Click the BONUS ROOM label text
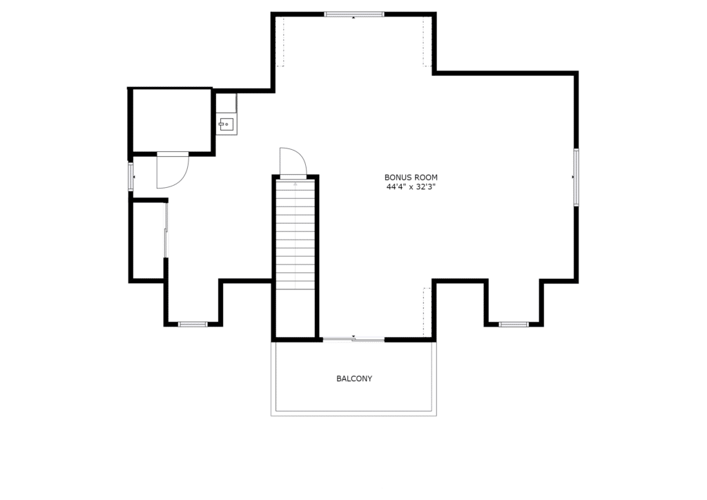411,177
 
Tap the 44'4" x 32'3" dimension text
411,187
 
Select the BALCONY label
354,378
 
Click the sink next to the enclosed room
226,124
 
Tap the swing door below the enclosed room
173,170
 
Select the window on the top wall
354,15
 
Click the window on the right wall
576,177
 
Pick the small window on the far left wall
130,177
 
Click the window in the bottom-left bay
193,324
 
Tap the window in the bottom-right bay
514,324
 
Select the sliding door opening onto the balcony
353,338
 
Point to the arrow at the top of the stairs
296,184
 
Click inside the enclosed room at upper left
172,121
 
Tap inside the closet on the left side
148,241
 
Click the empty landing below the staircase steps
296,314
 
